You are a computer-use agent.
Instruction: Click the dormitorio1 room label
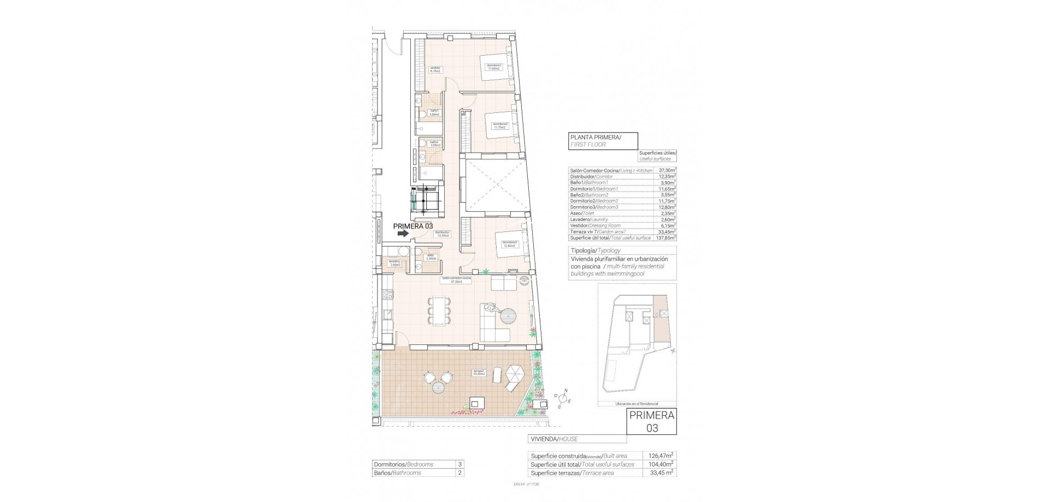click(x=494, y=67)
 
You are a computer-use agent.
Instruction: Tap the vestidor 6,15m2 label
click(x=435, y=69)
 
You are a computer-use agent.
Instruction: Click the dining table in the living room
click(x=439, y=311)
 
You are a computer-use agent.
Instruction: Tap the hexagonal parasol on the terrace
click(x=514, y=375)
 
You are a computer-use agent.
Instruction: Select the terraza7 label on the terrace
click(x=480, y=373)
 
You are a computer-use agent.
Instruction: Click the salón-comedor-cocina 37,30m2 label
click(x=457, y=280)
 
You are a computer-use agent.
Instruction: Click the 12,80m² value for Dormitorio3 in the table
click(x=667, y=207)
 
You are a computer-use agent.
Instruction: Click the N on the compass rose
click(x=567, y=390)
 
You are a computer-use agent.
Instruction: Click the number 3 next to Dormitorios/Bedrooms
click(x=459, y=464)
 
